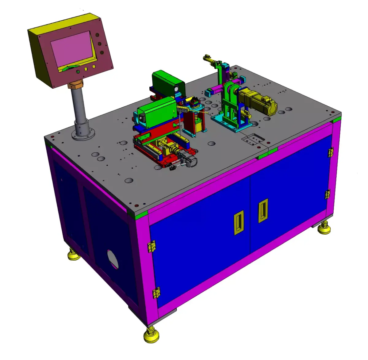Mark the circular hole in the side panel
click(x=113, y=259)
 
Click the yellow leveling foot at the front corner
click(x=151, y=335)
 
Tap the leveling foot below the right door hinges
click(x=324, y=229)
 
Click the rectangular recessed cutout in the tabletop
click(x=253, y=140)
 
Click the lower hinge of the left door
click(x=156, y=293)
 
